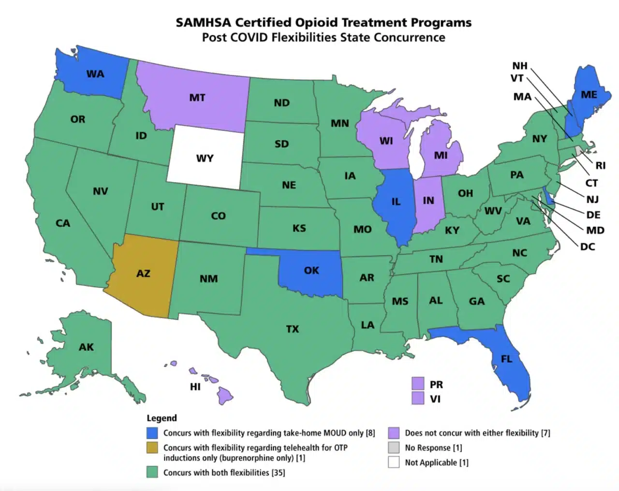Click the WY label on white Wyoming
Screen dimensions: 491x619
pyautogui.click(x=205, y=159)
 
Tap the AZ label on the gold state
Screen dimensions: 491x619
pyautogui.click(x=143, y=274)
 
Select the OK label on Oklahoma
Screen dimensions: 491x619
pyautogui.click(x=311, y=271)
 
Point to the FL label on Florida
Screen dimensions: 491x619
pyautogui.click(x=506, y=359)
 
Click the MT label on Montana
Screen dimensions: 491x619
pyautogui.click(x=197, y=98)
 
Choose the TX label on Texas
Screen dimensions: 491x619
pyautogui.click(x=292, y=329)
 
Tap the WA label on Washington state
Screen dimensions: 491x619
pyautogui.click(x=95, y=74)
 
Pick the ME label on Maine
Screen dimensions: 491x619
pyautogui.click(x=589, y=95)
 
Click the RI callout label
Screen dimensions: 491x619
pyautogui.click(x=600, y=165)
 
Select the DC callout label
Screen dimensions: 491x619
pyautogui.click(x=587, y=246)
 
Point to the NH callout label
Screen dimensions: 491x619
pyautogui.click(x=520, y=66)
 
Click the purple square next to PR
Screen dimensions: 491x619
pyautogui.click(x=418, y=384)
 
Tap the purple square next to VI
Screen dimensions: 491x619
pyautogui.click(x=418, y=398)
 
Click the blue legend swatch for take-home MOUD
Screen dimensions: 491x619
pyautogui.click(x=152, y=433)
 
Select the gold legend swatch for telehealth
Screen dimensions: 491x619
pyautogui.click(x=152, y=448)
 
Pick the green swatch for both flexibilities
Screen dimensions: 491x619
pyautogui.click(x=152, y=472)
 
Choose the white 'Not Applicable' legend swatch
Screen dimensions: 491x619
pyautogui.click(x=394, y=462)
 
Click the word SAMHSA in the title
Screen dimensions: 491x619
pyautogui.click(x=204, y=23)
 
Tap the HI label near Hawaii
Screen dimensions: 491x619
pyautogui.click(x=195, y=387)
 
